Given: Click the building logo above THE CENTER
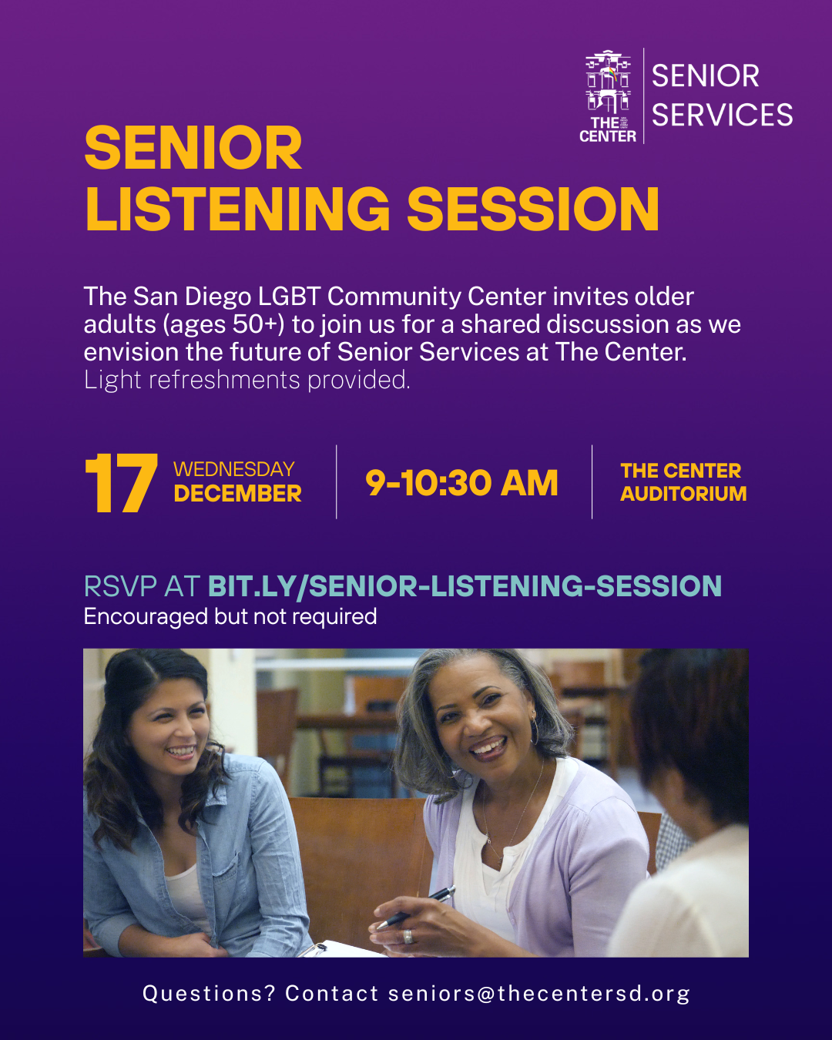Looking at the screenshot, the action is (x=608, y=82).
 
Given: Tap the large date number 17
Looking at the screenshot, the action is (x=121, y=483).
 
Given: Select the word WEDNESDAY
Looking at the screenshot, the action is (x=234, y=469).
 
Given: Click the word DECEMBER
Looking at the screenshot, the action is (x=237, y=493).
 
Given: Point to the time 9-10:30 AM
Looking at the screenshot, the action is (x=461, y=483).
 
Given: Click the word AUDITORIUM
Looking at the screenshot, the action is (x=683, y=493).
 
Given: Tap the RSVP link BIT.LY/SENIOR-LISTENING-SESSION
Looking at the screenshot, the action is (x=465, y=586).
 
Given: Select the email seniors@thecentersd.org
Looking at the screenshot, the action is (x=539, y=994).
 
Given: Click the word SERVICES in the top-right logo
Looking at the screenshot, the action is (x=723, y=115).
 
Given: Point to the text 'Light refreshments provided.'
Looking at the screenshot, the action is (x=247, y=381).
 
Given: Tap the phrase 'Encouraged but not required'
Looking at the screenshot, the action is (x=230, y=616).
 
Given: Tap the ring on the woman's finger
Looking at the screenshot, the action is (x=408, y=936).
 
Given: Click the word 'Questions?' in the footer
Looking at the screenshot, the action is (x=209, y=994).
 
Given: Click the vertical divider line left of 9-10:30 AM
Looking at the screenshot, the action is (x=337, y=481).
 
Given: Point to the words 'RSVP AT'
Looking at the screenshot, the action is (x=142, y=586).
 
